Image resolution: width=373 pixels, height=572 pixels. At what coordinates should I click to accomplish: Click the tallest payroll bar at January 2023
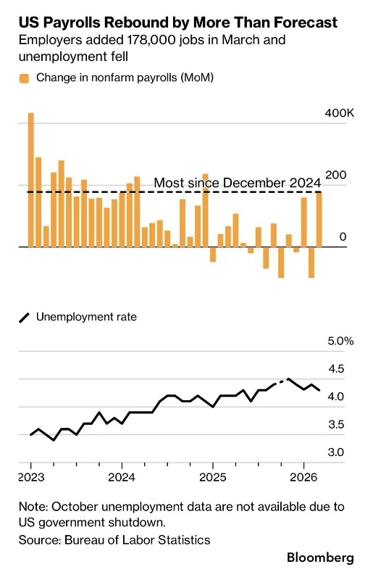pos(31,180)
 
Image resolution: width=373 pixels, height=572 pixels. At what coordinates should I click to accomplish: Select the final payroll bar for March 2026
pos(319,220)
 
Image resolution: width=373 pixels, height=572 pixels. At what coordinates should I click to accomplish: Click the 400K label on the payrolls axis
pos(340,113)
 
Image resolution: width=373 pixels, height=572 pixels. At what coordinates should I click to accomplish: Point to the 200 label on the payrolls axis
pos(336,175)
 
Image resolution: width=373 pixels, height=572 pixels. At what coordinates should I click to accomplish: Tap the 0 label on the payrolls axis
pos(343,237)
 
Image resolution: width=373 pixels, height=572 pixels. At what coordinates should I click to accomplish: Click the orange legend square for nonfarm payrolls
pos(24,78)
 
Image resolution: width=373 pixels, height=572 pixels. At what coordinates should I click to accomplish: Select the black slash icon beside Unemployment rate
pos(24,318)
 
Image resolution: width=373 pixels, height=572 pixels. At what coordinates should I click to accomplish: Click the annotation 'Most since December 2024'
pos(238,183)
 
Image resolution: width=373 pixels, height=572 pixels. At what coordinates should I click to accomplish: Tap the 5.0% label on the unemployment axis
pos(340,341)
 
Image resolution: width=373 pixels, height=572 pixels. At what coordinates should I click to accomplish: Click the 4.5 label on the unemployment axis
pos(336,369)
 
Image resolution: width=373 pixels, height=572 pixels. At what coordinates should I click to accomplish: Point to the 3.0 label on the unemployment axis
pos(336,452)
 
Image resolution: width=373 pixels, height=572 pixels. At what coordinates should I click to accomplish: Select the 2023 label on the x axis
pos(31,477)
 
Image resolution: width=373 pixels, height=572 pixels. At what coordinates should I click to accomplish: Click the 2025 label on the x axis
pos(213,477)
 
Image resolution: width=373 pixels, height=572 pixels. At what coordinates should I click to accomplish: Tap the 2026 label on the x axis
pos(303,477)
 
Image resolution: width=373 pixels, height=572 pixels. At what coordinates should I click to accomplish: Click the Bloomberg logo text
pos(321,558)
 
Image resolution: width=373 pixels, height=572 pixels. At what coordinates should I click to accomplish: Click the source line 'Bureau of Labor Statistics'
pos(138,540)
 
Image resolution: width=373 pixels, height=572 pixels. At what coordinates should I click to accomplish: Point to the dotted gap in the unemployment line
pos(281,381)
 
